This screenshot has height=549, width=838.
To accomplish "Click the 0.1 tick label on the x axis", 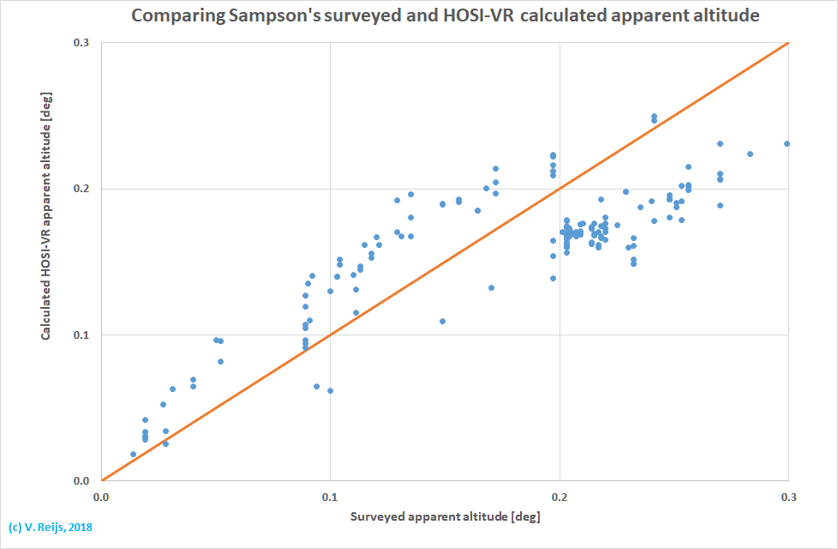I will click(x=330, y=498).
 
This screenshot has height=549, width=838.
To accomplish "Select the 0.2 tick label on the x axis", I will click(x=560, y=498).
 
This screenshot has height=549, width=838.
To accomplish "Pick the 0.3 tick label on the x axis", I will click(x=788, y=498).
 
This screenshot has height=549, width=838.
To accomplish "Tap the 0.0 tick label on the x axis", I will click(x=101, y=498).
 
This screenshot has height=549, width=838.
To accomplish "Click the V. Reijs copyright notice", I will click(x=50, y=528).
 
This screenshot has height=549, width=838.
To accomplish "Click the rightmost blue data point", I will click(x=787, y=144).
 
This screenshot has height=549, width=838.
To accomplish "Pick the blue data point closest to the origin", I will click(x=133, y=454).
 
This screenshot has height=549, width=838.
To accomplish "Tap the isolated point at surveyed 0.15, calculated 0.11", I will click(x=442, y=321).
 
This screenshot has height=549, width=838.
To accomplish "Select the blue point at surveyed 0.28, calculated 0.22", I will click(x=750, y=154).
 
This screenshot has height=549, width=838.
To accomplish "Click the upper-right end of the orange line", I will click(x=787, y=44).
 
